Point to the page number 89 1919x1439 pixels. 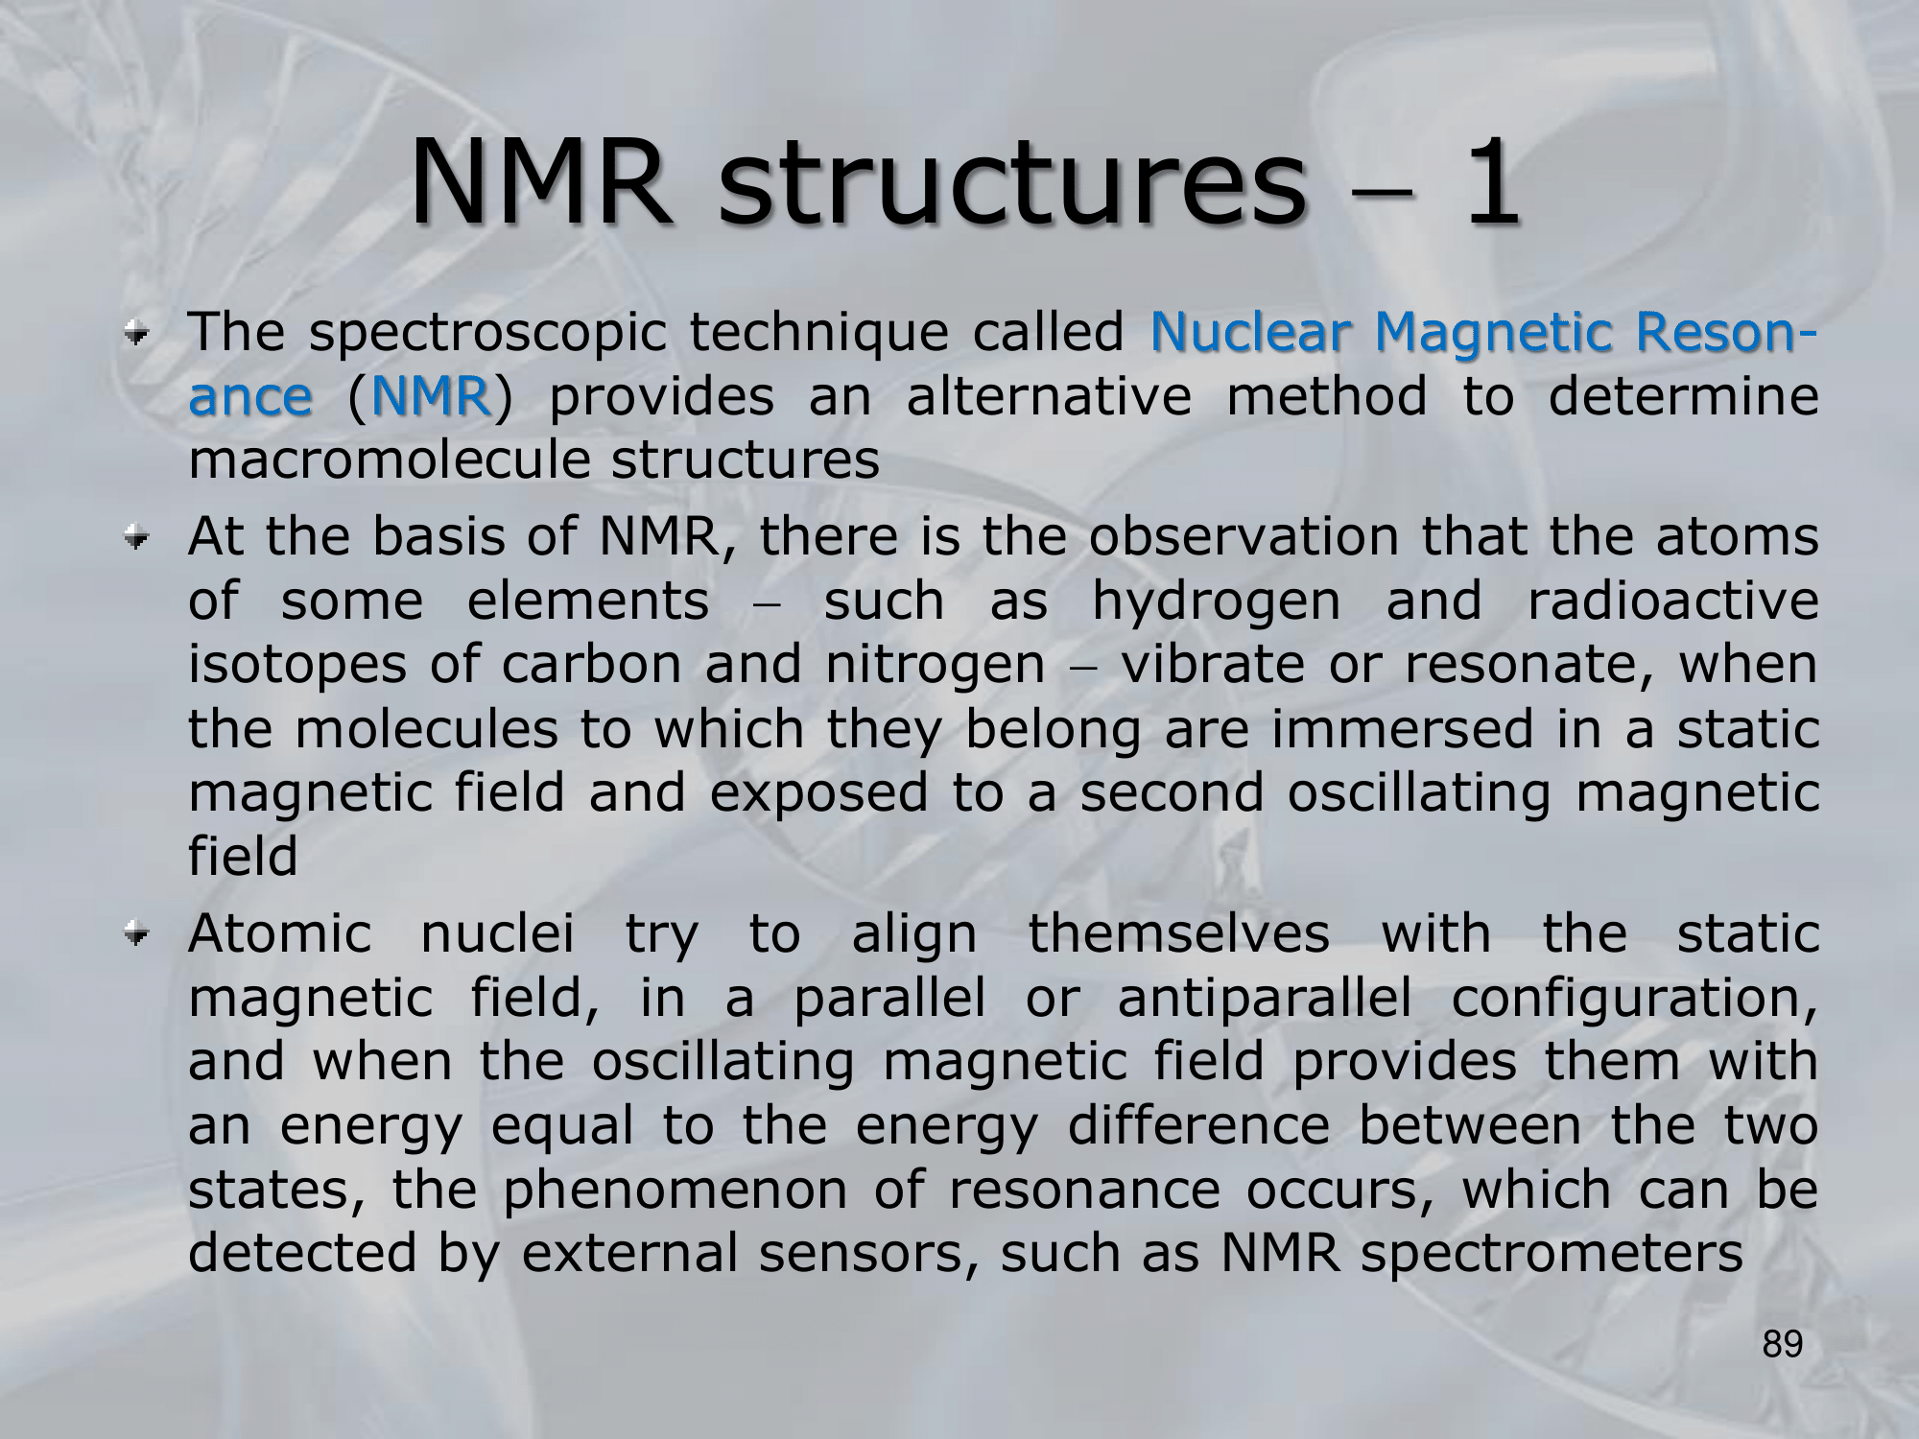(1783, 1345)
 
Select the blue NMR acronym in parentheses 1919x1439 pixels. (430, 396)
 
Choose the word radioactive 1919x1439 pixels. (1672, 601)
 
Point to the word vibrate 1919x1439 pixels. (1213, 664)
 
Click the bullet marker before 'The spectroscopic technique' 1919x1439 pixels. (141, 335)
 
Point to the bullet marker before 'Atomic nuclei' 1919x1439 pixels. (141, 934)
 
